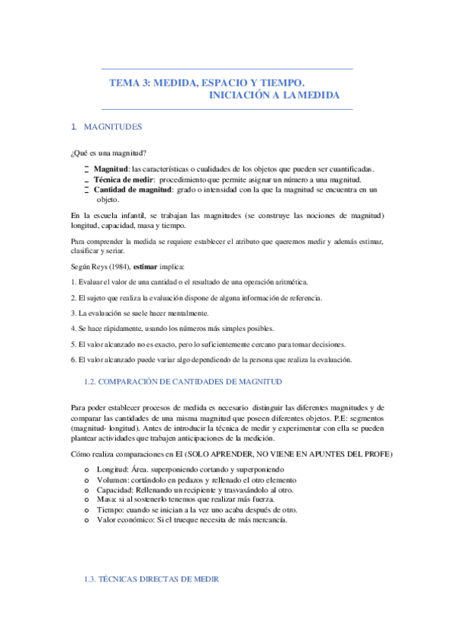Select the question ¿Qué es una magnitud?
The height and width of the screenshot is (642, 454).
(108, 153)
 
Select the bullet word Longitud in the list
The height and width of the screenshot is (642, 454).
(112, 470)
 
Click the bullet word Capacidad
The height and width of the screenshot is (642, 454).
(114, 490)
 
